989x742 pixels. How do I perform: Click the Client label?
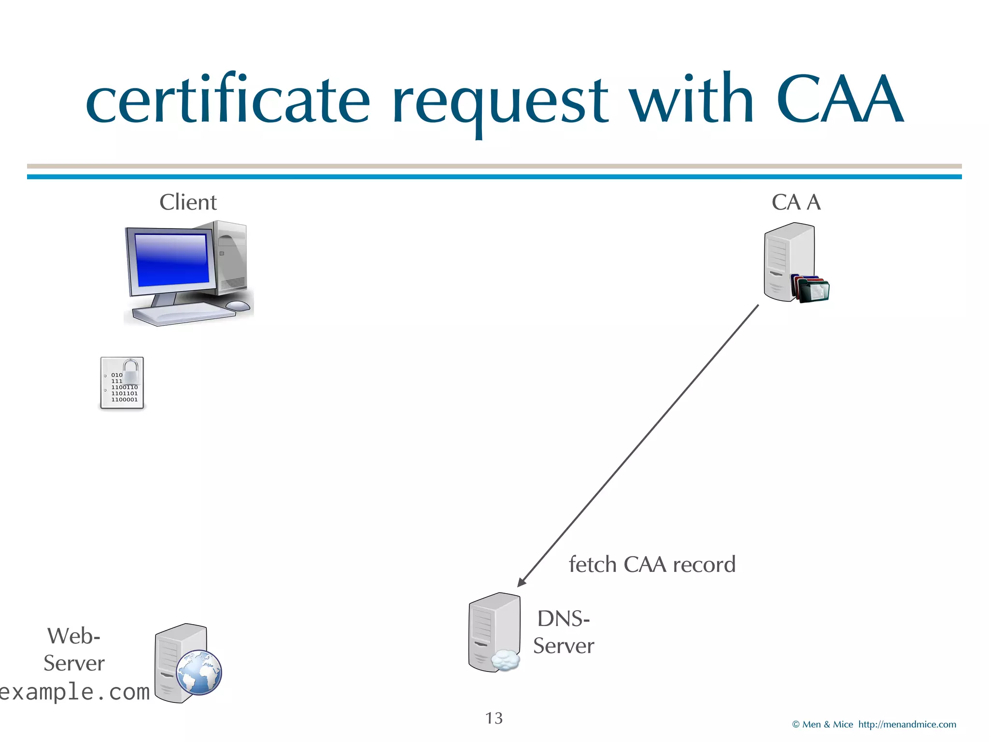coord(188,202)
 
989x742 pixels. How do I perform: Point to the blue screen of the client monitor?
coord(171,259)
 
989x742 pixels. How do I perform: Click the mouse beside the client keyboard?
coord(238,305)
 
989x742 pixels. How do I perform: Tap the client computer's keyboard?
coord(184,313)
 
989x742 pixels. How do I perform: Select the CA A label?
coord(796,202)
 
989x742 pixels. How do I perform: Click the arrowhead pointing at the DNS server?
coord(522,582)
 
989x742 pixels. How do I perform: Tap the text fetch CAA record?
coord(652,564)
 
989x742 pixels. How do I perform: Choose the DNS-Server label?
coord(564,632)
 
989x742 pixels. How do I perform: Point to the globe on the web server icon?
coord(199,672)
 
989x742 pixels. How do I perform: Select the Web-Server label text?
coord(74,649)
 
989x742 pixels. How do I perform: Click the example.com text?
coord(75,692)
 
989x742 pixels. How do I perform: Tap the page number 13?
coord(494,718)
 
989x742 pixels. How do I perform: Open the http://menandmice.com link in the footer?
coord(907,725)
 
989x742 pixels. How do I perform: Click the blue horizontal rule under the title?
coord(494,177)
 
